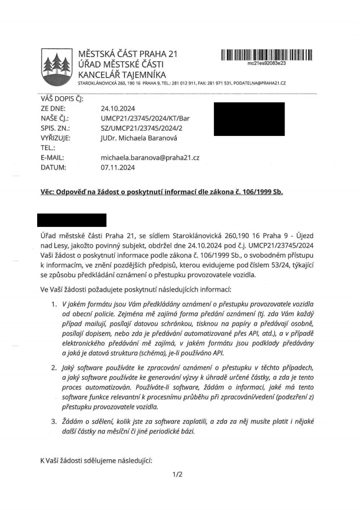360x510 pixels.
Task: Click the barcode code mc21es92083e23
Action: [x=267, y=63]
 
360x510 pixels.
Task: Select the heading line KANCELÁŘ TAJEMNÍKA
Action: [x=122, y=74]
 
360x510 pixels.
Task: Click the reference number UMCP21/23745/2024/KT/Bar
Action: [x=144, y=118]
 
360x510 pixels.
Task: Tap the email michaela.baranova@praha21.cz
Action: [x=150, y=158]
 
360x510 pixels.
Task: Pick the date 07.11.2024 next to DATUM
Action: [x=117, y=167]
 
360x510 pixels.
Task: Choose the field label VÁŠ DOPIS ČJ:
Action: [x=62, y=98]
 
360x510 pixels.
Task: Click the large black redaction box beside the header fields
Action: [x=248, y=118]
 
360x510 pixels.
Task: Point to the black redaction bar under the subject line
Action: [x=72, y=220]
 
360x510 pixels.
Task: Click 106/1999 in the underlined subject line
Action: [x=253, y=192]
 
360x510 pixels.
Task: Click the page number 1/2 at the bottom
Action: [x=177, y=474]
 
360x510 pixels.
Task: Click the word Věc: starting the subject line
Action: [x=49, y=192]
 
